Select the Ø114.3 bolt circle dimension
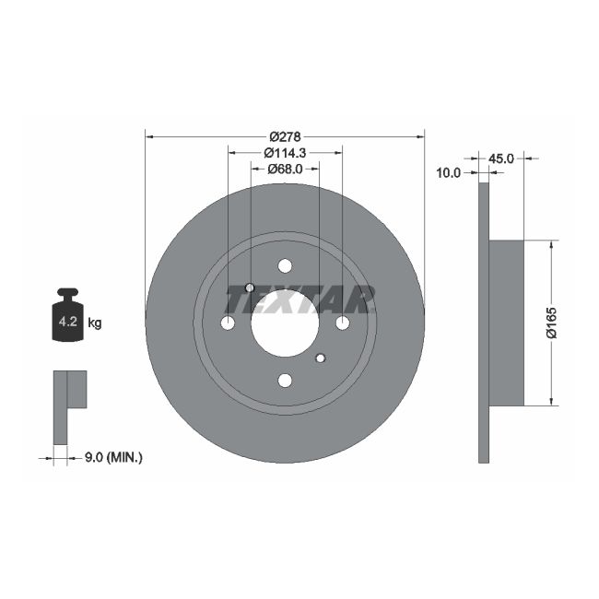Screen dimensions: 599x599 pos(285,152)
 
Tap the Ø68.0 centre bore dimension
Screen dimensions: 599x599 pos(285,169)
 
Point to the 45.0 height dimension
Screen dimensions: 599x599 pos(500,159)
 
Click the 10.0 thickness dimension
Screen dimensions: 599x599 pos(449,172)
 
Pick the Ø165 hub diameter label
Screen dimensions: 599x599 pos(551,323)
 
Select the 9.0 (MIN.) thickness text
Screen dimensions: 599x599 pos(112,456)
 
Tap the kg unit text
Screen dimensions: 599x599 pos(94,323)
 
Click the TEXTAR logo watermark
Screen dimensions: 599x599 pos(300,299)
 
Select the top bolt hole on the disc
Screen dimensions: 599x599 pos(285,265)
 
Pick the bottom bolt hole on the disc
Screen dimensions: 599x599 pos(285,380)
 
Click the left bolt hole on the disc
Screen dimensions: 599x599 pos(228,323)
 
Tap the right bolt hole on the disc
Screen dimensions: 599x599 pos(342,323)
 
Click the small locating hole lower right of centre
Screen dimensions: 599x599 pos(320,358)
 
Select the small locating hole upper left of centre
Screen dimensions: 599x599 pos(251,288)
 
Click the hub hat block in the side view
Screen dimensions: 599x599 pos(505,323)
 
